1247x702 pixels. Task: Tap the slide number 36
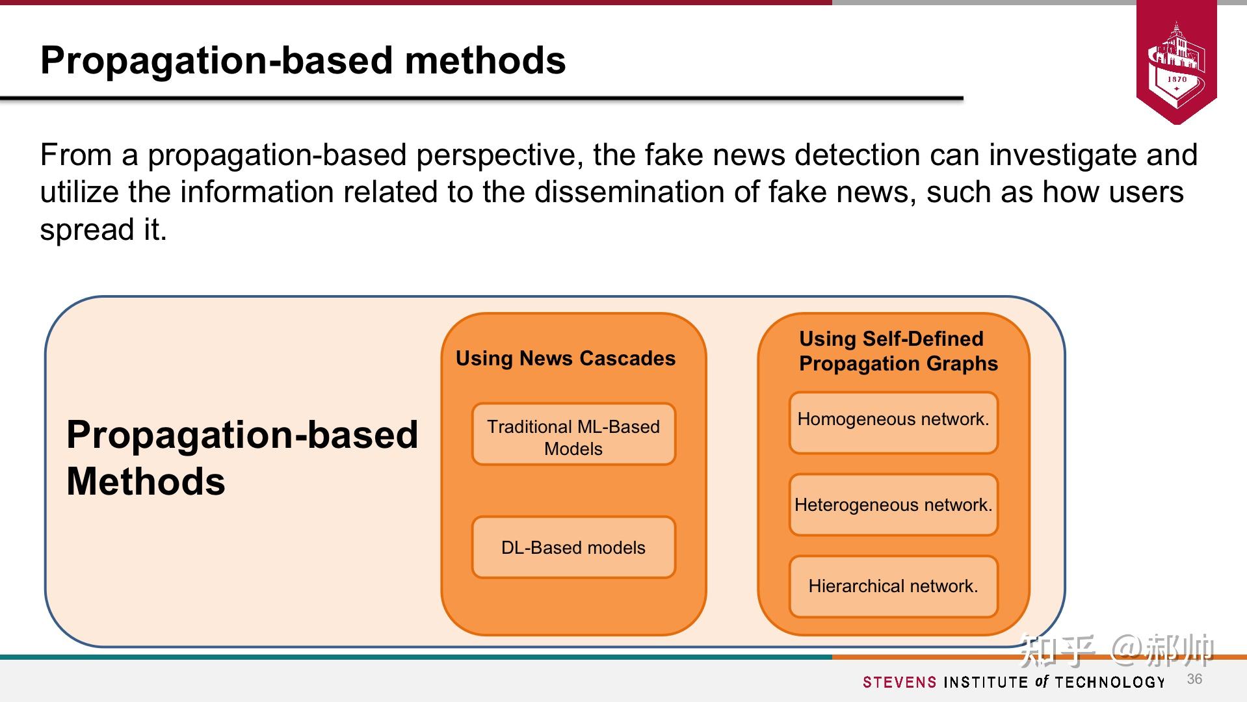1194,679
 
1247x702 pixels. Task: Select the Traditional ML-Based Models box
573,434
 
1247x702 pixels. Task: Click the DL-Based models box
573,547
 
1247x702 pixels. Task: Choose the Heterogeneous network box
893,505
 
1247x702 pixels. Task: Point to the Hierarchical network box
893,586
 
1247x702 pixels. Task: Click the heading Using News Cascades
566,358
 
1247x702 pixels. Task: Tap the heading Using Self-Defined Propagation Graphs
898,351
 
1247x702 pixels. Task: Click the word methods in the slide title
485,60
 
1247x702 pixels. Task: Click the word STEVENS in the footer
900,682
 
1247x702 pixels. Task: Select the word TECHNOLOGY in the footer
1110,682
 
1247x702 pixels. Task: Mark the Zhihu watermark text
1116,650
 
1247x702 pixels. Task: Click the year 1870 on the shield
1177,79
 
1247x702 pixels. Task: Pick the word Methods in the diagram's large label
146,482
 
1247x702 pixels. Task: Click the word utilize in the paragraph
79,192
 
